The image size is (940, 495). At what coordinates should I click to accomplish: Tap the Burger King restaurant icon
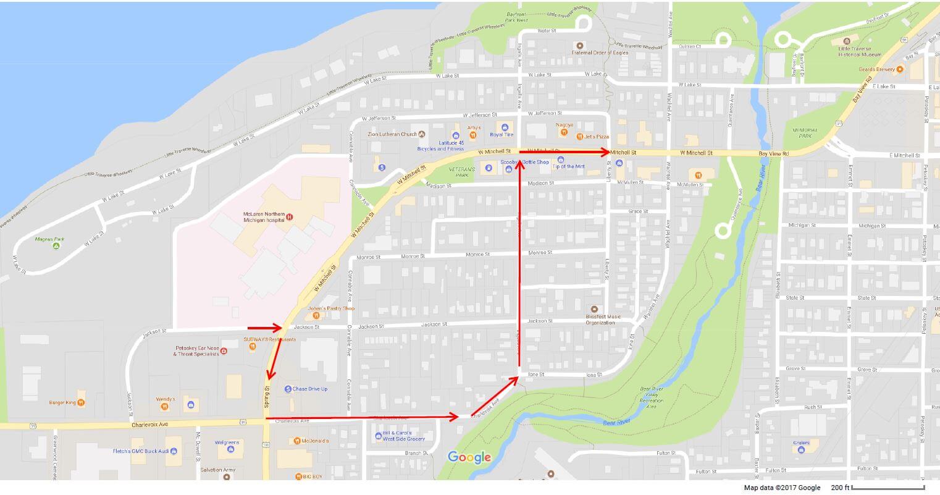pyautogui.click(x=81, y=403)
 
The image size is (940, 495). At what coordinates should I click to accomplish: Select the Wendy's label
pyautogui.click(x=166, y=399)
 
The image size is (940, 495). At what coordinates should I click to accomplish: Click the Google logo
pyautogui.click(x=469, y=457)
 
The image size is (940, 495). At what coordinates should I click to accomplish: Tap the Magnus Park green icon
pyautogui.click(x=56, y=246)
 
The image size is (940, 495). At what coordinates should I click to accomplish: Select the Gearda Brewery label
pyautogui.click(x=876, y=69)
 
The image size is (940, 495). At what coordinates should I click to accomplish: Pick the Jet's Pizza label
pyautogui.click(x=597, y=136)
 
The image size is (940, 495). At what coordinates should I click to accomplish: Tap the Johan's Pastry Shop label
pyautogui.click(x=331, y=308)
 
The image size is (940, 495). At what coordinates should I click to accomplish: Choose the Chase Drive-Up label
pyautogui.click(x=310, y=389)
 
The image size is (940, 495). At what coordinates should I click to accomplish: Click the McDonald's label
pyautogui.click(x=315, y=441)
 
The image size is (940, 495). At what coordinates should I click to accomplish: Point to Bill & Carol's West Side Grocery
pyautogui.click(x=403, y=436)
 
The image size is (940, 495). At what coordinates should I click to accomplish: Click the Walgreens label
pyautogui.click(x=227, y=442)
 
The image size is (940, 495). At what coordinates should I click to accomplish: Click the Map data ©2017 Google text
pyautogui.click(x=782, y=488)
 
